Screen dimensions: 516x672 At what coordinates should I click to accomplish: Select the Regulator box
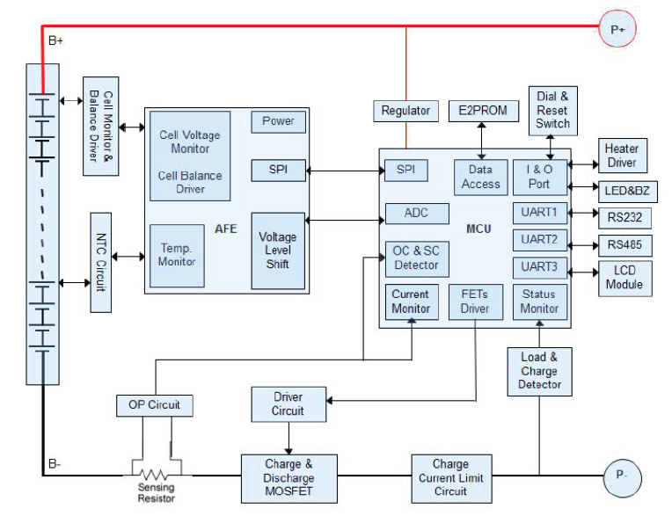405,111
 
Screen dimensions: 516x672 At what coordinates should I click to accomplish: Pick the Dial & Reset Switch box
552,111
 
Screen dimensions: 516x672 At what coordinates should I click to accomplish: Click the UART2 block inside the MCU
539,240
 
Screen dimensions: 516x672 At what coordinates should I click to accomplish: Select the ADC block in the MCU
417,213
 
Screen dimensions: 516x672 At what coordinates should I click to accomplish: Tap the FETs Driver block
475,302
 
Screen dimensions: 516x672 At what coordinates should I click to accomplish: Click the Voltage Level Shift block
278,251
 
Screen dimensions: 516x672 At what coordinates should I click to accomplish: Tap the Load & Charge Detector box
539,371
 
